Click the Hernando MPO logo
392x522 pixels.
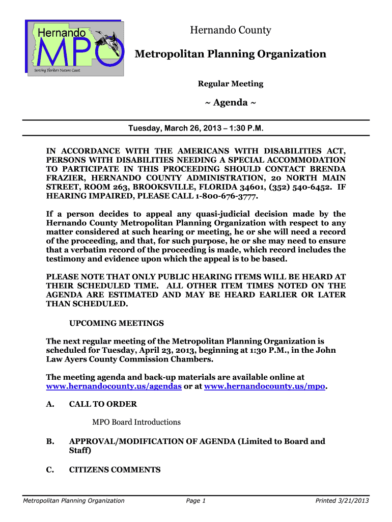click(74, 48)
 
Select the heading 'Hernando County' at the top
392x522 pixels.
click(231, 31)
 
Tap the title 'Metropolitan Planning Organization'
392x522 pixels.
click(230, 54)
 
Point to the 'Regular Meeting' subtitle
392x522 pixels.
click(230, 84)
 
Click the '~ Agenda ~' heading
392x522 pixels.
click(230, 103)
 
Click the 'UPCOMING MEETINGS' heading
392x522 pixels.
click(116, 323)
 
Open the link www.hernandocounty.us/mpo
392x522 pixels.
click(264, 386)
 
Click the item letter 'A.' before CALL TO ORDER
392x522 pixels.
click(50, 404)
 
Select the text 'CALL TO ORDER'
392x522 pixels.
click(103, 404)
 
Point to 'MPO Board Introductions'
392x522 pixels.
click(136, 422)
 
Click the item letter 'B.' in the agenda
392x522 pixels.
click(50, 441)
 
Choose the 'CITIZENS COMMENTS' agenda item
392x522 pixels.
click(115, 470)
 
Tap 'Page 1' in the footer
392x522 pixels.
click(195, 501)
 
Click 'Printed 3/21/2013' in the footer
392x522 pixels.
click(342, 501)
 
